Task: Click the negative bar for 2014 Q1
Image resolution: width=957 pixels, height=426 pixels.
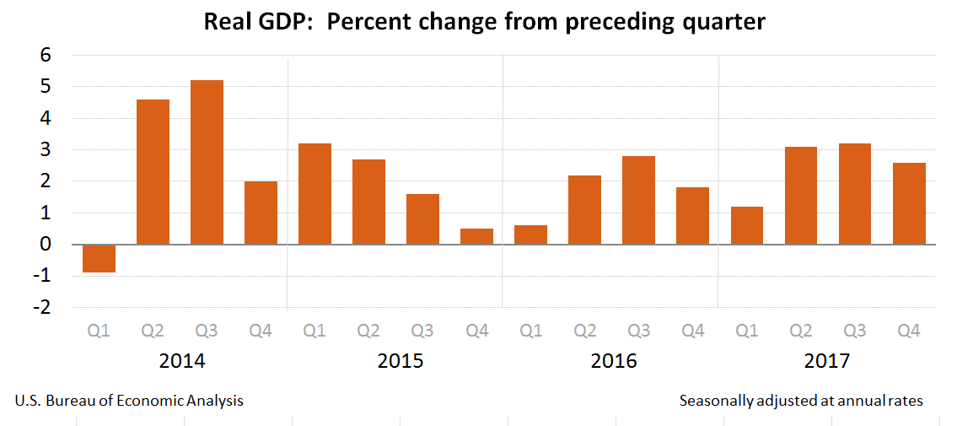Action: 99,258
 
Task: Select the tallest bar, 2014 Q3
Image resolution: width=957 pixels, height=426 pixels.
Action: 207,162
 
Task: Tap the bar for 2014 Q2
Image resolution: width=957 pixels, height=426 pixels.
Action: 153,172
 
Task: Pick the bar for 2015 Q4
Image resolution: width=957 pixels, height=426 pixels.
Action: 476,236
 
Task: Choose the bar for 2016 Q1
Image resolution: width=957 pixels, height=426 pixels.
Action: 530,235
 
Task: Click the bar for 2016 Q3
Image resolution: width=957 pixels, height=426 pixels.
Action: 638,200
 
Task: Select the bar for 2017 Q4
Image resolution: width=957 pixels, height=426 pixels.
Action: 908,203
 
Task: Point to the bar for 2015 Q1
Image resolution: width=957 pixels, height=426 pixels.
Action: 315,194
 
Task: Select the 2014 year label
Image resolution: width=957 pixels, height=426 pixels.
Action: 181,361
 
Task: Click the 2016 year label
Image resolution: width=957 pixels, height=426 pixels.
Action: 613,361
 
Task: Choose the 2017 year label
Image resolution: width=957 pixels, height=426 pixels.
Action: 827,361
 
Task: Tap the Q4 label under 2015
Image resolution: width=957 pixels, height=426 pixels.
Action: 476,332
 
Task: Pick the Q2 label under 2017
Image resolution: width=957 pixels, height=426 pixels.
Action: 800,332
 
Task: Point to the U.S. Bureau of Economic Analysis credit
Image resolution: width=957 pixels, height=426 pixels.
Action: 129,401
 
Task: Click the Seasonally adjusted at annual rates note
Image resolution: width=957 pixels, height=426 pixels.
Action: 801,401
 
